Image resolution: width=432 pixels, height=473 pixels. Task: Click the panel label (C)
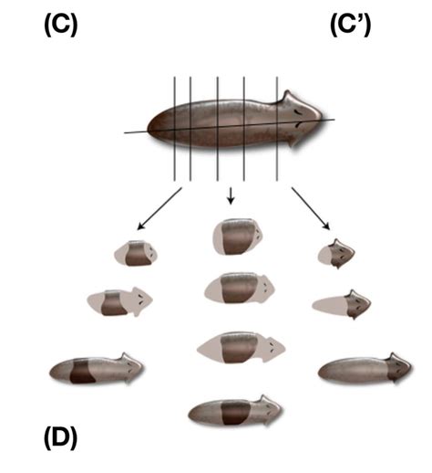(x=61, y=26)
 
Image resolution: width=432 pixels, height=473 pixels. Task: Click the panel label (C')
(x=351, y=26)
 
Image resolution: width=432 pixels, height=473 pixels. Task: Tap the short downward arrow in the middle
(x=231, y=195)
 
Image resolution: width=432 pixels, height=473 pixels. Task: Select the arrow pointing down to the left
(x=159, y=208)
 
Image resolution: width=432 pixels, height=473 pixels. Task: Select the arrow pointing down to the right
(x=311, y=208)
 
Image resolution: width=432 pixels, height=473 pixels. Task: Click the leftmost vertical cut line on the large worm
(x=174, y=129)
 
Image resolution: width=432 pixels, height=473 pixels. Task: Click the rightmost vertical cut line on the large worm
(x=277, y=129)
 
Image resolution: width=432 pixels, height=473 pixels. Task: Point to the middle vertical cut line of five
(x=218, y=129)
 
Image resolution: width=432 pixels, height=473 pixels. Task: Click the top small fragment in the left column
(x=136, y=253)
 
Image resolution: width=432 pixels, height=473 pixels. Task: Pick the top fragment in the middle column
(x=238, y=236)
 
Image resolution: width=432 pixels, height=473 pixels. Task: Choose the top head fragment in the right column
(x=336, y=254)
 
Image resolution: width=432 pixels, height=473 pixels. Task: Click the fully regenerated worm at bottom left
(x=97, y=369)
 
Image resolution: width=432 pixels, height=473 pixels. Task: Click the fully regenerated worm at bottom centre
(x=235, y=411)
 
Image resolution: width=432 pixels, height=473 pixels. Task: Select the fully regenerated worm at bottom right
(x=365, y=369)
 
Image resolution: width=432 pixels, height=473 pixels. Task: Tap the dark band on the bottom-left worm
(x=82, y=371)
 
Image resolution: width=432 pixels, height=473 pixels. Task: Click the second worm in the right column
(x=342, y=304)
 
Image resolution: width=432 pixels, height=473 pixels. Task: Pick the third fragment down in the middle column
(x=242, y=348)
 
